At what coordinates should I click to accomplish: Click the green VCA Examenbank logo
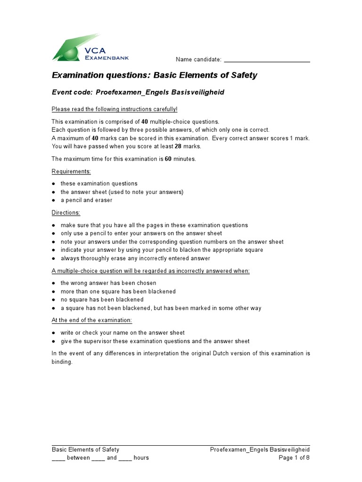tap(90, 48)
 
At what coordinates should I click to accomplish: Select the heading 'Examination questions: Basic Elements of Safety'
tap(154, 75)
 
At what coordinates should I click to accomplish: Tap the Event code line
tap(138, 92)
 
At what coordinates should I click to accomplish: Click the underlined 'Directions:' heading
tap(66, 213)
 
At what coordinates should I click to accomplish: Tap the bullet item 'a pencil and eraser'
tap(86, 200)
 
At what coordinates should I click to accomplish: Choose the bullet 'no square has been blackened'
tap(102, 300)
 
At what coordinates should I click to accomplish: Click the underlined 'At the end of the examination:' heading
tap(92, 320)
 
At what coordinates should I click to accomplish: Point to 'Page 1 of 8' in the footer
tap(294, 458)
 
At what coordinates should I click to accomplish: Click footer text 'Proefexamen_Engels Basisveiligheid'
tap(260, 450)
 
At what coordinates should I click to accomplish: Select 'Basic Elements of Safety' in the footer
tap(85, 450)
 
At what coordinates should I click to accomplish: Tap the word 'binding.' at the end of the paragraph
tap(62, 362)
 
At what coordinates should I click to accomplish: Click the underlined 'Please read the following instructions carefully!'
tap(115, 109)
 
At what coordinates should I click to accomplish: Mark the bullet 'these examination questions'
tap(99, 184)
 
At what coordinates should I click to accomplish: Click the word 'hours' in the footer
tap(141, 458)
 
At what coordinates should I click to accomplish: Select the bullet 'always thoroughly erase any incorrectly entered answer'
tap(135, 258)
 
